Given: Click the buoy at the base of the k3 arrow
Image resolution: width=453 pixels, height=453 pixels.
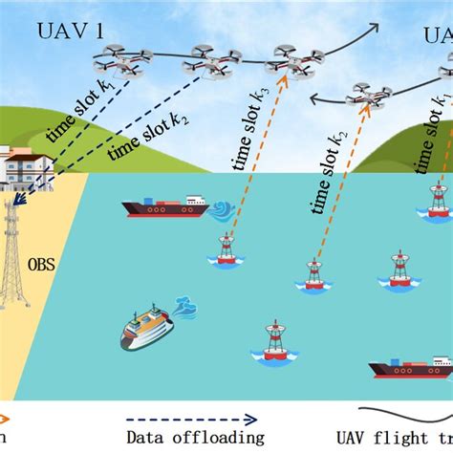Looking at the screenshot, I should (226, 249).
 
